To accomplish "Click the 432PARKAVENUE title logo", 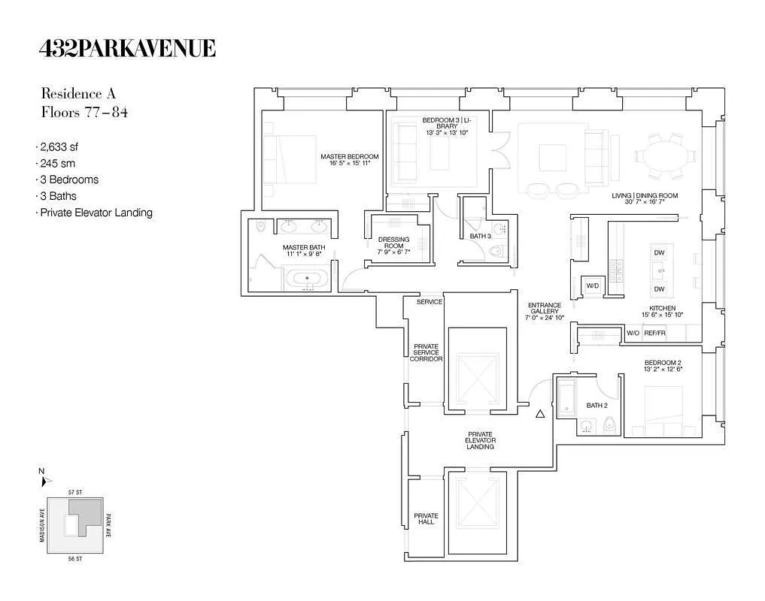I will (x=127, y=49).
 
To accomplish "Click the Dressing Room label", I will (x=394, y=246).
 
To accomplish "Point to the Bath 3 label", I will (x=481, y=237).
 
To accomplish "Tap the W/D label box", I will (x=592, y=285).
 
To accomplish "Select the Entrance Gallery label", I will (x=545, y=312).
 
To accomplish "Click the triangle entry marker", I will (x=539, y=413).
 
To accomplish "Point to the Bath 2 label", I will (x=597, y=406).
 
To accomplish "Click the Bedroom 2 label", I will (x=662, y=365).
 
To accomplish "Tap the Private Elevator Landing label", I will (x=480, y=440).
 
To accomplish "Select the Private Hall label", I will (x=426, y=519).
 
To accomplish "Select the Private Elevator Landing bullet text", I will (x=96, y=213).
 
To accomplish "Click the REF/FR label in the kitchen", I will (x=655, y=333).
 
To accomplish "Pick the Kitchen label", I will (x=663, y=312).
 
